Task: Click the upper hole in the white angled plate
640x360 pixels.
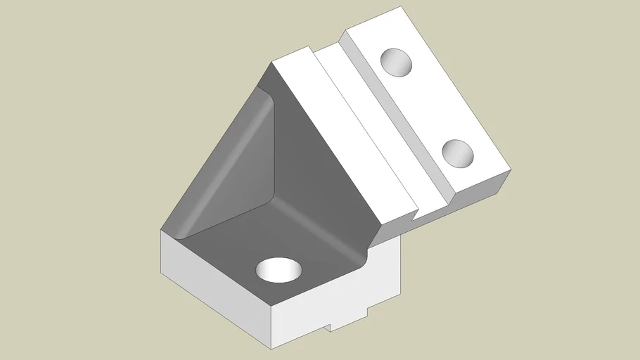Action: [x=397, y=62]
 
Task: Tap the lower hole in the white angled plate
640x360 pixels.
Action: [x=458, y=152]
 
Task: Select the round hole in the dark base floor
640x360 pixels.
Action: [x=279, y=269]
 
